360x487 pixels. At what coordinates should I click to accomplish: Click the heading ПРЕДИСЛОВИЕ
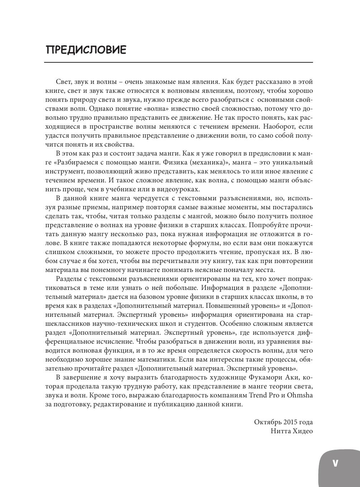tap(86, 50)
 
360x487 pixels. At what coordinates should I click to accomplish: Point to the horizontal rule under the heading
tap(178, 63)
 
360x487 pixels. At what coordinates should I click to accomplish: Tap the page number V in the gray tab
tap(335, 463)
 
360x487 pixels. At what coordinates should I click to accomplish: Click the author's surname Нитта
tap(280, 431)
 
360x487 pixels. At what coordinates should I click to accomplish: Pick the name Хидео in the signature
tap(303, 431)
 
